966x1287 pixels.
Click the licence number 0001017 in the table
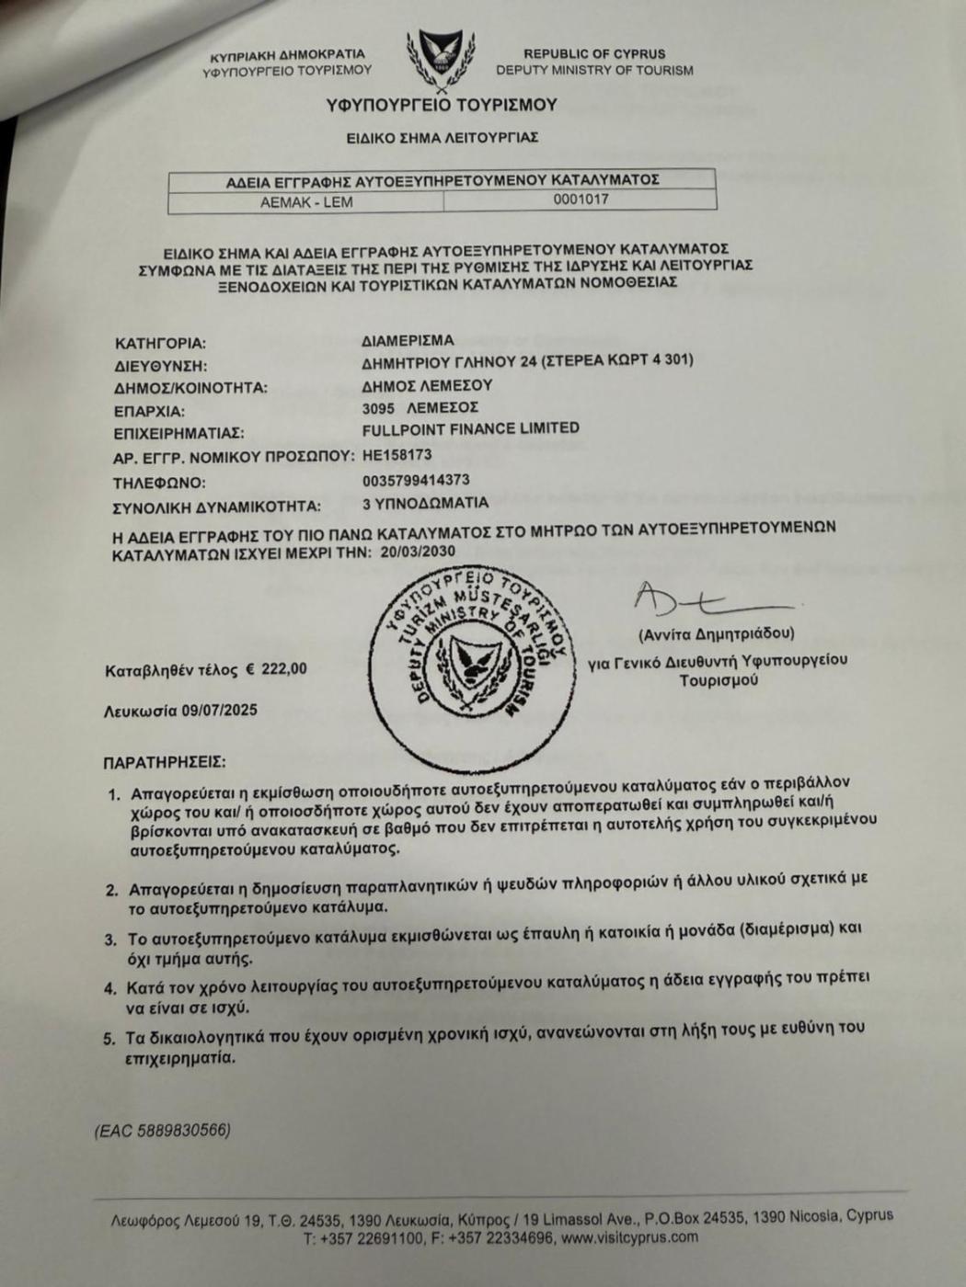pos(581,199)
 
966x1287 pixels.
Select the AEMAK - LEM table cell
pos(306,201)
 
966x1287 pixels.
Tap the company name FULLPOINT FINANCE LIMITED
pos(471,429)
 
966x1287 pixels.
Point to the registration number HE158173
pos(397,454)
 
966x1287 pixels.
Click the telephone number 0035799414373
pos(416,480)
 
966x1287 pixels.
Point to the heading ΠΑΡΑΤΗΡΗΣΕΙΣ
pos(164,762)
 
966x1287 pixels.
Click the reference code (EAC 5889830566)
pos(162,1131)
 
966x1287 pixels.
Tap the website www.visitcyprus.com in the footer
pos(629,1237)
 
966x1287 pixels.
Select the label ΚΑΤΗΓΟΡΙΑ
pos(160,344)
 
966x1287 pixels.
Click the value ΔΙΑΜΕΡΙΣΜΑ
pos(408,340)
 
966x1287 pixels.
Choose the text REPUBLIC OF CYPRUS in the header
pos(594,54)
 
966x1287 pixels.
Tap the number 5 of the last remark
pos(109,1039)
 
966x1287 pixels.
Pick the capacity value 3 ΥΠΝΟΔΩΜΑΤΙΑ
pos(425,504)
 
